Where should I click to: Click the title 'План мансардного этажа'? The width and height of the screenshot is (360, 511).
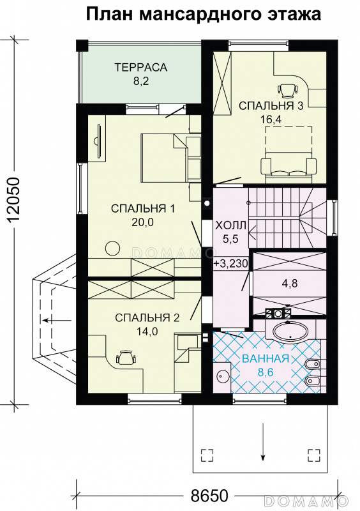pos(204,15)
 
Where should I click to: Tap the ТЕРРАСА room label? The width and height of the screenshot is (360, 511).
pos(140,68)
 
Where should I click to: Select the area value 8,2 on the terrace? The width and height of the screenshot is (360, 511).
pos(140,81)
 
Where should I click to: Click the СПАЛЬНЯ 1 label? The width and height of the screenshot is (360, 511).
pos(143,209)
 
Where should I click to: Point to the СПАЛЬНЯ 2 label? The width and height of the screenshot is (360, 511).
pos(147,317)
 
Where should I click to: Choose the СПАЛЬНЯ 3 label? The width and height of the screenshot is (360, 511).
pos(271,106)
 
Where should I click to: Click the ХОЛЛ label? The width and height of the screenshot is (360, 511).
pos(231,225)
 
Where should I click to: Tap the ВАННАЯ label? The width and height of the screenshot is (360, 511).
pos(266,358)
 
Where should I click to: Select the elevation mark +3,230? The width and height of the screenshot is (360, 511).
pos(231,263)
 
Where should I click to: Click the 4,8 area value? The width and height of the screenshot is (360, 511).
pos(290,283)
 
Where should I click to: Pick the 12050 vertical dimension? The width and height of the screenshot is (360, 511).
pos(13,200)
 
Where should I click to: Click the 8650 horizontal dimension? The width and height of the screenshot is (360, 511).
pos(209,496)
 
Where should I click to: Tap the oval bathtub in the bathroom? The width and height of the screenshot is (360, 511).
pos(290,332)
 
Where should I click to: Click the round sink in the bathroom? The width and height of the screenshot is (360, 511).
pos(223,377)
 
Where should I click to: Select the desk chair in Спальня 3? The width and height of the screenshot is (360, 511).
pos(289,89)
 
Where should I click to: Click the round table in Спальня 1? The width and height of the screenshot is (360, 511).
pos(113,249)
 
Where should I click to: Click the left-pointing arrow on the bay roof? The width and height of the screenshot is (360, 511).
pos(57,321)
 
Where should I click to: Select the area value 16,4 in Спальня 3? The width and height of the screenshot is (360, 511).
pos(271,119)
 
